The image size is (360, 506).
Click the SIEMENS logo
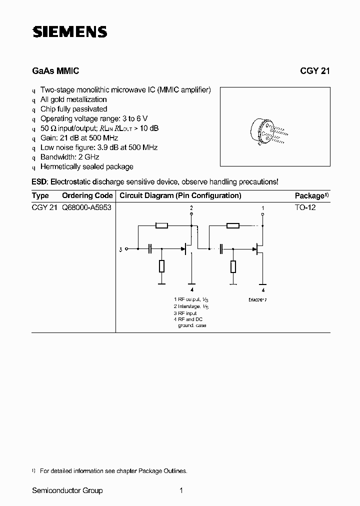tap(70, 32)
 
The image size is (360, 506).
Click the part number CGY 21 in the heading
tap(314, 71)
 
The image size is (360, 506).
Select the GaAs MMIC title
tap(55, 71)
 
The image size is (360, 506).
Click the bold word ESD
tap(39, 182)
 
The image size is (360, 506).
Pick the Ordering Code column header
tap(87, 195)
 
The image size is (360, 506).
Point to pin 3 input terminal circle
tap(126, 248)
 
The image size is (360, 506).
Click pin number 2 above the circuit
tap(191, 207)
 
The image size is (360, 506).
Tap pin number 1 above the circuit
tap(263, 207)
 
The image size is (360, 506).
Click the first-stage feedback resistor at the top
tap(161, 226)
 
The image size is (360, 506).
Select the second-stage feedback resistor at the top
tap(233, 226)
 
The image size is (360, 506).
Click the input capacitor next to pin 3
tap(150, 248)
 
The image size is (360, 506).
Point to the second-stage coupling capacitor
tap(221, 248)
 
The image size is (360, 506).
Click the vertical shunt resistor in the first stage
tap(161, 266)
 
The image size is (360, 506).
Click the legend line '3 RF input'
tap(185, 313)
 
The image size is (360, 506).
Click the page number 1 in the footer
tap(181, 490)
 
